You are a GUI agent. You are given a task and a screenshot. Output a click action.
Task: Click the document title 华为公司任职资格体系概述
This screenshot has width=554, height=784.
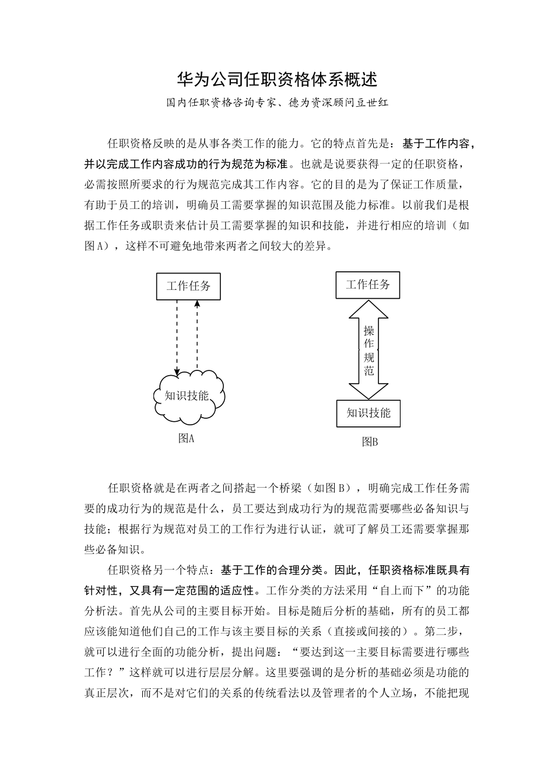pyautogui.click(x=277, y=79)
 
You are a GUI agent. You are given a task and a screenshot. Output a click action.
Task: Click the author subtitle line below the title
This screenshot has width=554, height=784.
pyautogui.click(x=277, y=103)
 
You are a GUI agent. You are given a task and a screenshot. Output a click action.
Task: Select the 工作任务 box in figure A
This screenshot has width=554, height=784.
pyautogui.click(x=188, y=286)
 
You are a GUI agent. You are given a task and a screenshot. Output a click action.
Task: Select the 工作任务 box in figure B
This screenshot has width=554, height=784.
pyautogui.click(x=367, y=285)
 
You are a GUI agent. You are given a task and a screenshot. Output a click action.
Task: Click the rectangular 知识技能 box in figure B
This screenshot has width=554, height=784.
pyautogui.click(x=368, y=413)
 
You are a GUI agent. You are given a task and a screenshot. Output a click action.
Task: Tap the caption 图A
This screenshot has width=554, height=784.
pyautogui.click(x=186, y=439)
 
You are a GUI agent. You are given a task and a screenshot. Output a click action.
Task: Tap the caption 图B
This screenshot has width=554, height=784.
pyautogui.click(x=370, y=442)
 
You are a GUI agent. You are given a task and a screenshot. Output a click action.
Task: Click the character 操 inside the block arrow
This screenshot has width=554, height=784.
pyautogui.click(x=369, y=330)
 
